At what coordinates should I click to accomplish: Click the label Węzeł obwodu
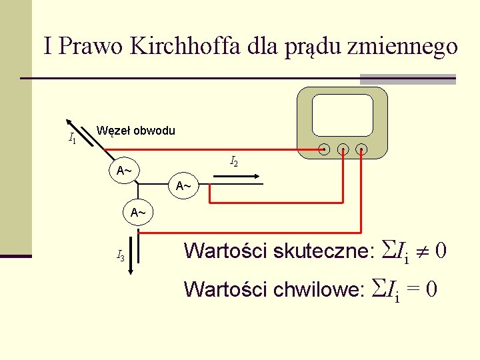pyautogui.click(x=136, y=131)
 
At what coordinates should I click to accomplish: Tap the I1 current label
pyautogui.click(x=72, y=139)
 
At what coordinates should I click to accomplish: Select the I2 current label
pyautogui.click(x=234, y=161)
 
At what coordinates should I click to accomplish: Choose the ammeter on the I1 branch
pyautogui.click(x=124, y=171)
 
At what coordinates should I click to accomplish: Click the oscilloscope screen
pyautogui.click(x=343, y=115)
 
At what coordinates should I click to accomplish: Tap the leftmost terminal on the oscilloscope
pyautogui.click(x=324, y=149)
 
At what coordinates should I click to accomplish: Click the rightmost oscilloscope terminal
pyautogui.click(x=361, y=149)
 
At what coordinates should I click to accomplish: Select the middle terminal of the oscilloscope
pyautogui.click(x=343, y=149)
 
